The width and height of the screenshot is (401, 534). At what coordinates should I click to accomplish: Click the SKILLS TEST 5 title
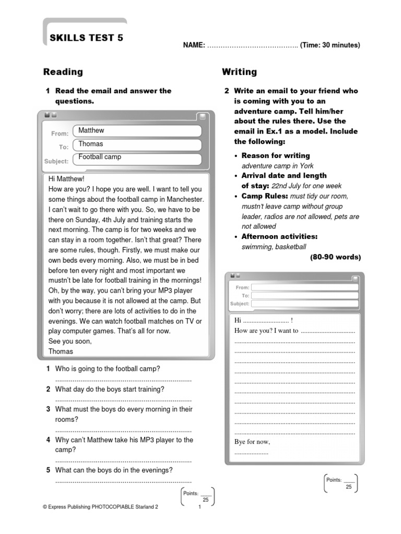tap(86, 38)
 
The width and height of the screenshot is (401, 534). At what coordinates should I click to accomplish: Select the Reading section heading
tap(63, 72)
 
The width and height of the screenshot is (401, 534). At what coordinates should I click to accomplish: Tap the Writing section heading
tap(239, 72)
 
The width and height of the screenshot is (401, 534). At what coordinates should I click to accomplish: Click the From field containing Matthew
tap(138, 131)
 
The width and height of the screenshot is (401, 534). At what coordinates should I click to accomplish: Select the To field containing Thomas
tap(138, 144)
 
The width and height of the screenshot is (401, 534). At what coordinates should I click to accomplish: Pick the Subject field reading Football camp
tap(138, 158)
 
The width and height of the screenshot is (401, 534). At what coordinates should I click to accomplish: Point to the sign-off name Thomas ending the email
tap(61, 351)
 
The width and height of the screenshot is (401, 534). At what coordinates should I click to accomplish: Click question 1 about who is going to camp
tap(107, 369)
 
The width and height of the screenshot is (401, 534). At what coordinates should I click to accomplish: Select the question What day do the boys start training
tap(110, 389)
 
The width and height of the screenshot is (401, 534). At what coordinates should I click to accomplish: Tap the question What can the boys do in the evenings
tap(113, 470)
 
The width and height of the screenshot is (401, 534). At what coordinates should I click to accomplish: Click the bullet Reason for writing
tap(275, 155)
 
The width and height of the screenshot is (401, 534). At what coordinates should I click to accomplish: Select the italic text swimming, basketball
tap(274, 247)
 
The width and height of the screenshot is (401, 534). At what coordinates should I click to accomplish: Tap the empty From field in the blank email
tap(304, 287)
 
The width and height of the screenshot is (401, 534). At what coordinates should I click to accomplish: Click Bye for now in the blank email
tap(252, 442)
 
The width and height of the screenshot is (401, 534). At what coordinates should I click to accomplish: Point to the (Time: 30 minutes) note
tap(330, 45)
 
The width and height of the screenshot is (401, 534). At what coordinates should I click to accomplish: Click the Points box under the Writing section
tap(340, 483)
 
